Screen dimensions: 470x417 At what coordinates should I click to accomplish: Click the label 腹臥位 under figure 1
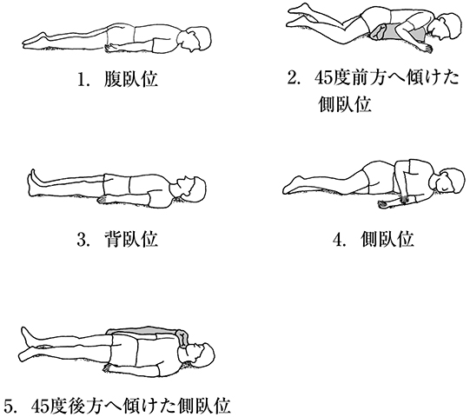[130, 79]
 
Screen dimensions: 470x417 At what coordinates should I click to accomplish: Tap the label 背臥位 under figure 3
[130, 239]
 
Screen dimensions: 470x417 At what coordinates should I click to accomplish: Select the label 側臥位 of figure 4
[387, 239]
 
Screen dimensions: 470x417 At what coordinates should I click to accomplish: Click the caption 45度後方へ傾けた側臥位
[131, 406]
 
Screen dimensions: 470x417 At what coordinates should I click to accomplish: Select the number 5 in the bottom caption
[10, 407]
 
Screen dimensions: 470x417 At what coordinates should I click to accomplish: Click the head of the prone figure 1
[195, 38]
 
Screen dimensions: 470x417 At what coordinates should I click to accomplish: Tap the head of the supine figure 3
[190, 190]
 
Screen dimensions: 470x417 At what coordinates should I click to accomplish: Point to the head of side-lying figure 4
[448, 181]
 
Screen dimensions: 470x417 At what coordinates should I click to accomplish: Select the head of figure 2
[445, 27]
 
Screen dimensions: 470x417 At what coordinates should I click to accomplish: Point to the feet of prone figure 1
[35, 40]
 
